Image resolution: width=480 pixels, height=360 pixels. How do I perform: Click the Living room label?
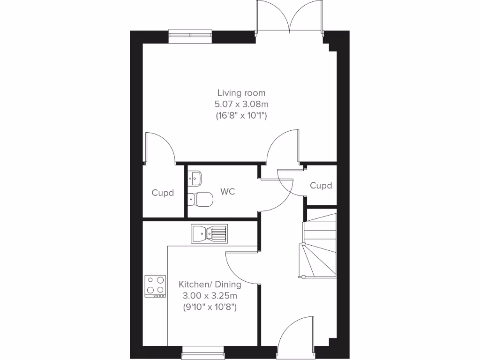pyautogui.click(x=241, y=93)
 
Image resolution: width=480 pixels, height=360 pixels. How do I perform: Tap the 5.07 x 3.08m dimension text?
pyautogui.click(x=241, y=104)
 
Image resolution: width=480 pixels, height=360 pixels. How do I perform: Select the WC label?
pyautogui.click(x=228, y=192)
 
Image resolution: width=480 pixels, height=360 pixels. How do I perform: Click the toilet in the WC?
pyautogui.click(x=200, y=199)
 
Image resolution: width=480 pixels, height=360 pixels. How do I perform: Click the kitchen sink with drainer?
pyautogui.click(x=209, y=233)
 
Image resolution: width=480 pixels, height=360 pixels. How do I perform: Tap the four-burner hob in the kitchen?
pyautogui.click(x=156, y=286)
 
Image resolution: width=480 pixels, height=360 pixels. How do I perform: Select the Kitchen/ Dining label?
pyautogui.click(x=210, y=285)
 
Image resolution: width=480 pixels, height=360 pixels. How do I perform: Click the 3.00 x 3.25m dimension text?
pyautogui.click(x=210, y=296)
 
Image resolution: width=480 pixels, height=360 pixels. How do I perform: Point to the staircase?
pyautogui.click(x=320, y=246)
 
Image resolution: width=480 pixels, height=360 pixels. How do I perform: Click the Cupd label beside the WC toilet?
pyautogui.click(x=163, y=193)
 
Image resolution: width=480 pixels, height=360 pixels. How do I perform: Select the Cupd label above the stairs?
pyautogui.click(x=321, y=186)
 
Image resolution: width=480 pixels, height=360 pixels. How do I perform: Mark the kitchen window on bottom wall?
pyautogui.click(x=202, y=350)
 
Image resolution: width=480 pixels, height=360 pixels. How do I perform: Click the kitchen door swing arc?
pyautogui.click(x=240, y=268)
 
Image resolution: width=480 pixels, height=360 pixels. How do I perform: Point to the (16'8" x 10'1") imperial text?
pyautogui.click(x=241, y=115)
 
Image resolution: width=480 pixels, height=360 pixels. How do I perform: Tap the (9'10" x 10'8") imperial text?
pyautogui.click(x=210, y=307)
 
